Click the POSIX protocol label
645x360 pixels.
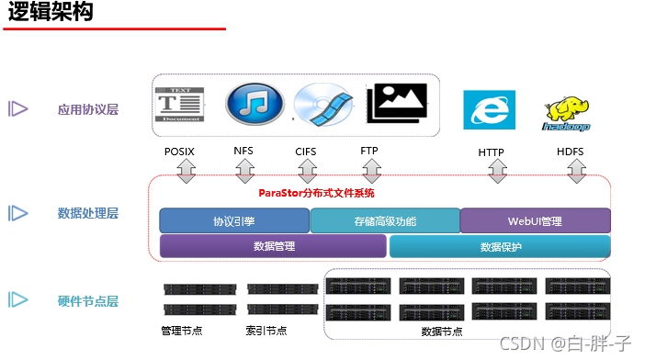[x=179, y=152]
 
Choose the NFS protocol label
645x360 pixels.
[x=243, y=152]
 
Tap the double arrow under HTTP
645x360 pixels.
[x=497, y=171]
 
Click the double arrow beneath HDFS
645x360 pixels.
[x=576, y=171]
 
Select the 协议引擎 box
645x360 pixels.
[x=234, y=221]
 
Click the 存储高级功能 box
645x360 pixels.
[x=384, y=221]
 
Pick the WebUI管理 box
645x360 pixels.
[x=535, y=221]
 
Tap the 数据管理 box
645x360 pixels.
[x=273, y=246]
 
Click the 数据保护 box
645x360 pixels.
[x=500, y=246]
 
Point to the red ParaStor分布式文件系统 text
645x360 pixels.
[x=316, y=194]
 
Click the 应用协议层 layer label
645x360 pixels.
[x=87, y=110]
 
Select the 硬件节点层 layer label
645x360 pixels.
[x=87, y=301]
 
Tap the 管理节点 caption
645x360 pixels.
[x=182, y=331]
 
